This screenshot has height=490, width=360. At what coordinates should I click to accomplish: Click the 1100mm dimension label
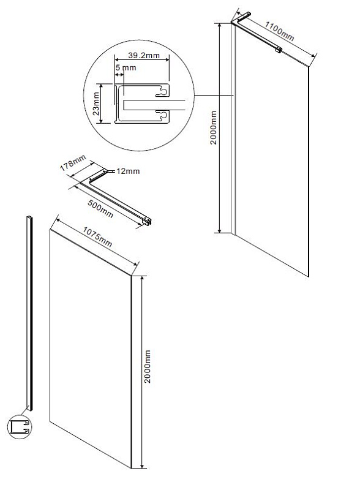[280, 31]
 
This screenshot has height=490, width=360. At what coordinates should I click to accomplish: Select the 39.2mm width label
[144, 56]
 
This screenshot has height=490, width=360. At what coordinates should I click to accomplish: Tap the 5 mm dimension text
[126, 67]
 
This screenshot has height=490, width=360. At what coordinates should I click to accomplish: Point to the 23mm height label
[97, 104]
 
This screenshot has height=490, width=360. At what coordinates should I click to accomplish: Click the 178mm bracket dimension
[73, 163]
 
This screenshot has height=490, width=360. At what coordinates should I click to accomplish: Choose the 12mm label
[128, 171]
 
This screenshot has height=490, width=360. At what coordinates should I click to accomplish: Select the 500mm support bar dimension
[100, 209]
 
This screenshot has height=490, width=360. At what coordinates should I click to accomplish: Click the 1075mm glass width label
[97, 236]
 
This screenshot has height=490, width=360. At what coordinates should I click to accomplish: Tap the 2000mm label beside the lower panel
[147, 366]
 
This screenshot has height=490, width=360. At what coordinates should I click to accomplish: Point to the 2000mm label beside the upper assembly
[213, 127]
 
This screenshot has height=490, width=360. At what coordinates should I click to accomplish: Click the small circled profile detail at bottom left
[20, 426]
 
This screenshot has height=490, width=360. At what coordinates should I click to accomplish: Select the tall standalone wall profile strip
[29, 313]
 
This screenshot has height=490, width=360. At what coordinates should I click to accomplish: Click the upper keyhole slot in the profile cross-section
[162, 91]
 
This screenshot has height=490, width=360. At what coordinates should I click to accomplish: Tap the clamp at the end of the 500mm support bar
[147, 221]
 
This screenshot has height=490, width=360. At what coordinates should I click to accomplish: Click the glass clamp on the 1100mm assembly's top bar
[278, 49]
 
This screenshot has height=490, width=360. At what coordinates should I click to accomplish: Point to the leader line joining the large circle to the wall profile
[214, 95]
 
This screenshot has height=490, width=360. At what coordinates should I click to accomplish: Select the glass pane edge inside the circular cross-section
[154, 105]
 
